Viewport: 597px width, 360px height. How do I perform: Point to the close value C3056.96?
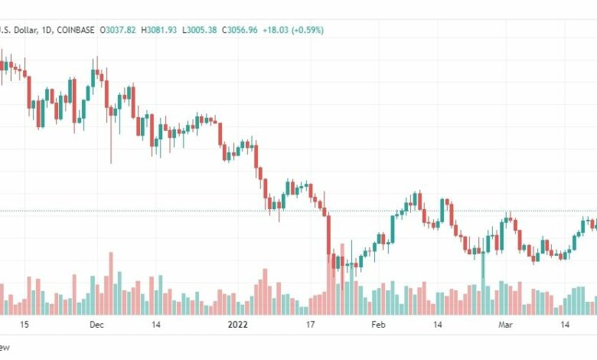tap(240, 30)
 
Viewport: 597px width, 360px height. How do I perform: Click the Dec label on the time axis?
tap(96, 325)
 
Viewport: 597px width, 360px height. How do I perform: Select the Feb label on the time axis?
tap(378, 325)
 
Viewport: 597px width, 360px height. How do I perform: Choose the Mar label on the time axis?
tap(505, 325)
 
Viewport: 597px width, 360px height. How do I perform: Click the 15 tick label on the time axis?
tap(24, 325)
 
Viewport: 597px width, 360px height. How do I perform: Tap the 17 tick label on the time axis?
tap(312, 325)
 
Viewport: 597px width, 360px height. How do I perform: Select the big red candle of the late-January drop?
tap(328, 234)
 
